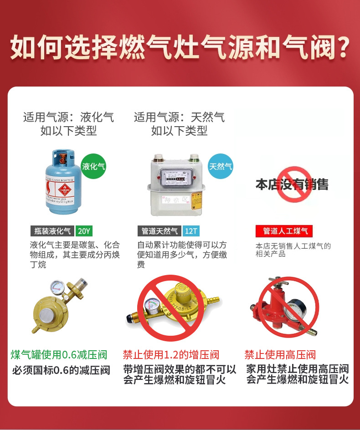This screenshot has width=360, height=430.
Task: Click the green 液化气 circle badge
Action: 93,166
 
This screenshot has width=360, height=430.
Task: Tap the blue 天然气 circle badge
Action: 221,166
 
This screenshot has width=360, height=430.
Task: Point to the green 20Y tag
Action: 84,231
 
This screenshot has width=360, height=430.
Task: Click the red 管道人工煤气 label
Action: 285,231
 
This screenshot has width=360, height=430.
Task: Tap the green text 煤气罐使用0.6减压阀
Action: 59,354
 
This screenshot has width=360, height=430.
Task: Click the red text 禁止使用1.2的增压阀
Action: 171,354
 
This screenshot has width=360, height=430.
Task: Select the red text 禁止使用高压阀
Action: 280,354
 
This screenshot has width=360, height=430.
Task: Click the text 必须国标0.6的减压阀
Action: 61,369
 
